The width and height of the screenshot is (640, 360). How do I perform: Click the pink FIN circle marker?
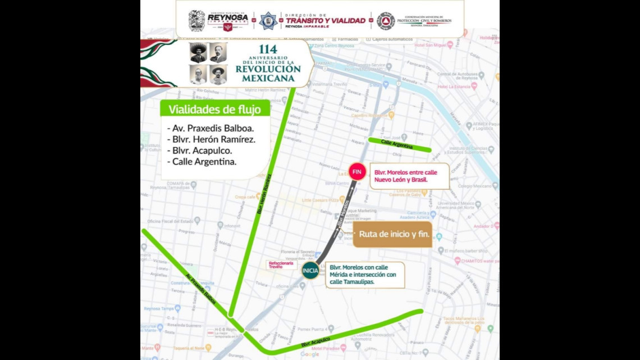357,171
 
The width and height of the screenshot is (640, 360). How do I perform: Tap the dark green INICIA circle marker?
310,271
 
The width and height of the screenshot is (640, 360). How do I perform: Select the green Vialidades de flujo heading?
214,109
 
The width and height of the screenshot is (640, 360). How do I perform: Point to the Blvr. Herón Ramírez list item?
211,139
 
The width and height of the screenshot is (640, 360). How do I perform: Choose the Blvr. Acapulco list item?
200,151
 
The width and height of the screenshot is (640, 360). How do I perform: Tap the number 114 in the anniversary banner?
268,49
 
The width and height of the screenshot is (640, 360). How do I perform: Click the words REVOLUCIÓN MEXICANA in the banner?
268,73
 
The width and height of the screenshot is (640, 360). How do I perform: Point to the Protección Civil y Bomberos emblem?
385,21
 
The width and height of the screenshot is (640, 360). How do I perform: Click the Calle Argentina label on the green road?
396,144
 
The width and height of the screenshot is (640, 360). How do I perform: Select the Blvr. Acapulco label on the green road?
316,341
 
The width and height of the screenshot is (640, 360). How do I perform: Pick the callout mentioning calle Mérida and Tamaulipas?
365,275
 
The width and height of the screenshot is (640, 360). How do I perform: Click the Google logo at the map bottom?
309,354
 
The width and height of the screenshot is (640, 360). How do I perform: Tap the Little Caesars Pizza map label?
323,199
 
